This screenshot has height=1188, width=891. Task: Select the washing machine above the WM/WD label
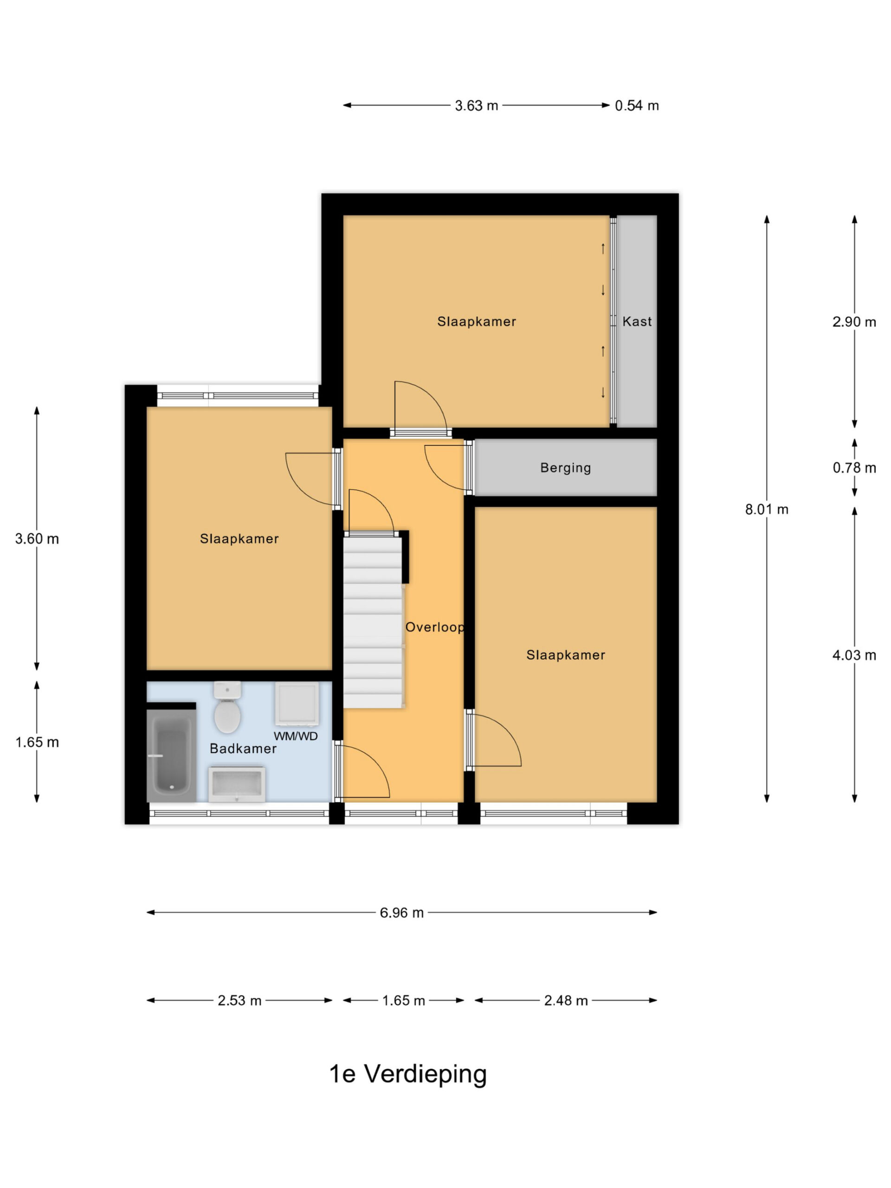coord(297,704)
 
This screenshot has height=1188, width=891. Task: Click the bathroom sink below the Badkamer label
coord(237,785)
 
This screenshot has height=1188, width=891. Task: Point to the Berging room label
coord(566,468)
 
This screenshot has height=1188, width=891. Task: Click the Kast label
coord(637,321)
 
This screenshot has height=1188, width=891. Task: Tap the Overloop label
coord(434,627)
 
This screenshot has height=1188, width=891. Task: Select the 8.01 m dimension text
coord(767,509)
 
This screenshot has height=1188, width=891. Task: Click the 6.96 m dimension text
coord(402,912)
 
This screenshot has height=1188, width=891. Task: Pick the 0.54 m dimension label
coord(637,105)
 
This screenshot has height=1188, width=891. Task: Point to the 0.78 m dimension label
coord(854,468)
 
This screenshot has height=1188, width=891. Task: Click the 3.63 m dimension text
coord(477,105)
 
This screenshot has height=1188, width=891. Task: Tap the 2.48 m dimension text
coord(566,1001)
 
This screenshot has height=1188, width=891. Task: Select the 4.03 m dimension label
coord(854,655)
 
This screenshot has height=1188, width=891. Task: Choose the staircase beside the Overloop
coord(373,622)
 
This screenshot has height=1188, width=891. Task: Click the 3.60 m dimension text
coord(37,539)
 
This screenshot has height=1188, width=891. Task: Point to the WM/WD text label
coord(296,736)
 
